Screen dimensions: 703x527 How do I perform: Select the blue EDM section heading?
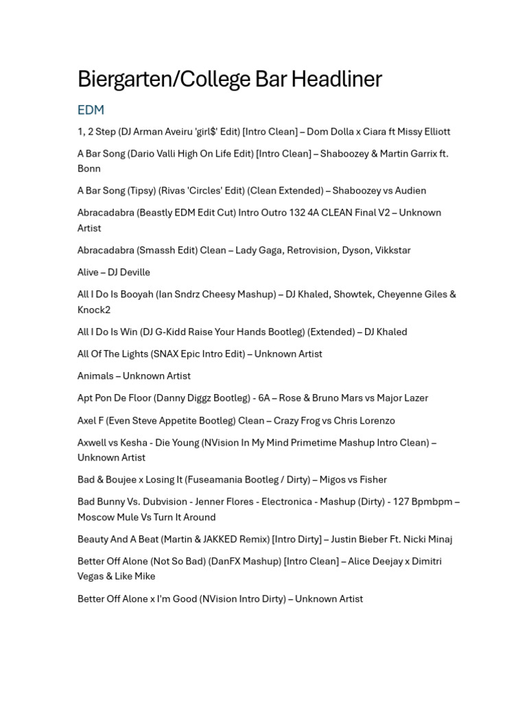tap(91, 110)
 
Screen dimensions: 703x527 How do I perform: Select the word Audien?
tap(410, 191)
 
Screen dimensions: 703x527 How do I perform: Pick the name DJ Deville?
tap(128, 273)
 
